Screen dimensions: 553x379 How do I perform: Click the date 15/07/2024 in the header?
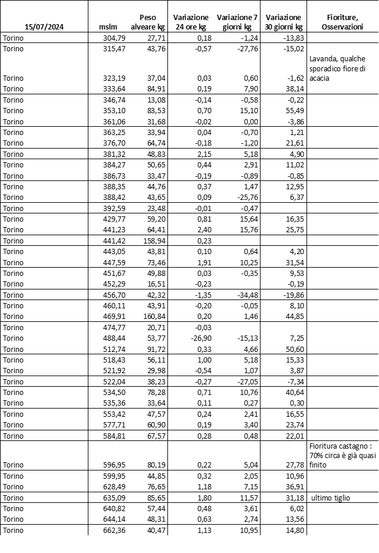click(x=45, y=27)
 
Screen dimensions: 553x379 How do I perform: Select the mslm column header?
click(x=110, y=27)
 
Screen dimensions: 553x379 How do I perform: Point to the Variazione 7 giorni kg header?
click(x=237, y=22)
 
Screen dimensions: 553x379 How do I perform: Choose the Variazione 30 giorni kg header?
click(x=284, y=22)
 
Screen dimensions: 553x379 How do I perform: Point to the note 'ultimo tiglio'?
click(x=331, y=498)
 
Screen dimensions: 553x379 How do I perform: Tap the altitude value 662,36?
click(x=111, y=530)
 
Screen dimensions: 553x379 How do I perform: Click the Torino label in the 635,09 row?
click(x=14, y=498)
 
